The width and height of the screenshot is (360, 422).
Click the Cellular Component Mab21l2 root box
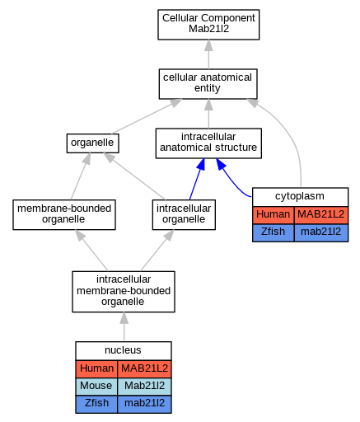[208, 25]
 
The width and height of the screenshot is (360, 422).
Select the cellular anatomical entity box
[208, 84]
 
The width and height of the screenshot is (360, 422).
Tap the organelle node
[93, 143]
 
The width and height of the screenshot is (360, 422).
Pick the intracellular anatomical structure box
[208, 143]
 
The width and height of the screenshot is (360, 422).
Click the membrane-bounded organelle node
[64, 214]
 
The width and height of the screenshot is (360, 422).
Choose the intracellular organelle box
[184, 214]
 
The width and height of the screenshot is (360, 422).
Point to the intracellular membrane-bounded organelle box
[124, 292]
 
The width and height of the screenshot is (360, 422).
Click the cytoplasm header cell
[300, 197]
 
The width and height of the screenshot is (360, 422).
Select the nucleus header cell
[124, 350]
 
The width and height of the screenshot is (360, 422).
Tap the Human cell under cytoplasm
[274, 214]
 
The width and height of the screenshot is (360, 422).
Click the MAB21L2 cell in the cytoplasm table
[321, 214]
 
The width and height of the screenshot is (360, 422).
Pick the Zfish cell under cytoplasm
[274, 232]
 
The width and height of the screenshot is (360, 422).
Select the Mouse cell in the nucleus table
[96, 387]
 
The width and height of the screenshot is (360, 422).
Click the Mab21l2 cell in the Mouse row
[144, 387]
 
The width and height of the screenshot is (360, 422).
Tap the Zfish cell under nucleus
[96, 404]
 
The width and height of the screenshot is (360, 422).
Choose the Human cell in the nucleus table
[96, 368]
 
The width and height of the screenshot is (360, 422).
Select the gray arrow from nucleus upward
[124, 326]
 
